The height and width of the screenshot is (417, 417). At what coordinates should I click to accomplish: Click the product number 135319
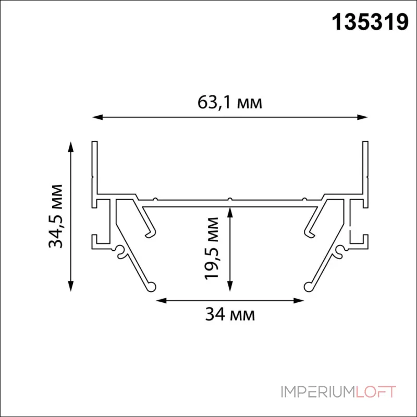(370, 22)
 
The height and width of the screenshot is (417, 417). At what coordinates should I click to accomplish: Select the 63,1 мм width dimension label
(230, 102)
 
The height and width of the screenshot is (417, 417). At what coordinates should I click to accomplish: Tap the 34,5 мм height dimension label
(56, 216)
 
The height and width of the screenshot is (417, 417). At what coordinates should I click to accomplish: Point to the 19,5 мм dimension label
(212, 249)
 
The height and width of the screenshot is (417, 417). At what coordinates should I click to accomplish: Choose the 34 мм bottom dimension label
(230, 314)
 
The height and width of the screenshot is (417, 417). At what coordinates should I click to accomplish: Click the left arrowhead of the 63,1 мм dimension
(97, 117)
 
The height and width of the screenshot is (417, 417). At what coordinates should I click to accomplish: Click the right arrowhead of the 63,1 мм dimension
(362, 117)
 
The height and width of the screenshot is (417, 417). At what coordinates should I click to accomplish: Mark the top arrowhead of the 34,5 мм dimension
(70, 147)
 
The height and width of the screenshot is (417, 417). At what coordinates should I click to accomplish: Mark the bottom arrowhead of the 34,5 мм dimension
(70, 286)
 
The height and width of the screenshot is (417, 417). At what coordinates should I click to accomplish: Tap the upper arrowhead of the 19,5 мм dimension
(230, 213)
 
